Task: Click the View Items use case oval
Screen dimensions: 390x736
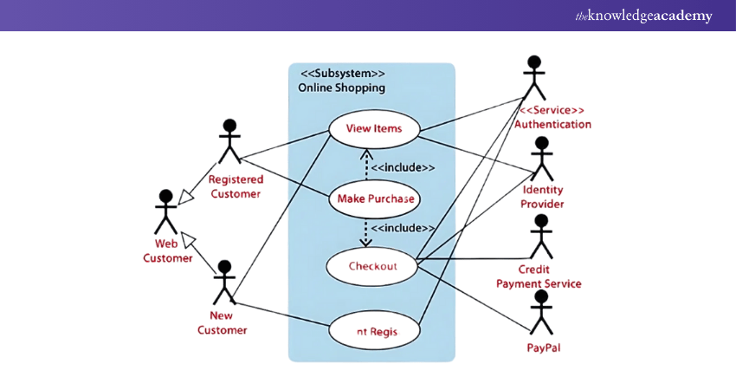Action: point(373,129)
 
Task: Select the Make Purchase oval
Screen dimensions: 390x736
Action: point(373,199)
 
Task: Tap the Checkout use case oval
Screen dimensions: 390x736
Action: point(372,266)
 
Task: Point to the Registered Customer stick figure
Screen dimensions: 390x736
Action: point(229,141)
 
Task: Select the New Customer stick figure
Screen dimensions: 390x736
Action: point(224,281)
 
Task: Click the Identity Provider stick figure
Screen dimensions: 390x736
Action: point(542,158)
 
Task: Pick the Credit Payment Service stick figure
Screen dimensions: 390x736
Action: point(542,234)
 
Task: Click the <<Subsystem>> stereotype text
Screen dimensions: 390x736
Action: point(343,74)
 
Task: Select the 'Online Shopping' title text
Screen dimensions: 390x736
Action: point(341,88)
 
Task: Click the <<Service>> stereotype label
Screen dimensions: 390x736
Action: point(552,110)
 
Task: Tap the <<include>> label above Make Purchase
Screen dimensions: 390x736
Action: point(403,167)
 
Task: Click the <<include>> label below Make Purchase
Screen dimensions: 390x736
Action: point(403,228)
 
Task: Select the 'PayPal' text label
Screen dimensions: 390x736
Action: point(542,348)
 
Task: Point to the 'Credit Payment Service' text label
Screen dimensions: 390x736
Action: point(538,276)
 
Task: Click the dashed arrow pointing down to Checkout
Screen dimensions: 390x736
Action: point(365,232)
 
